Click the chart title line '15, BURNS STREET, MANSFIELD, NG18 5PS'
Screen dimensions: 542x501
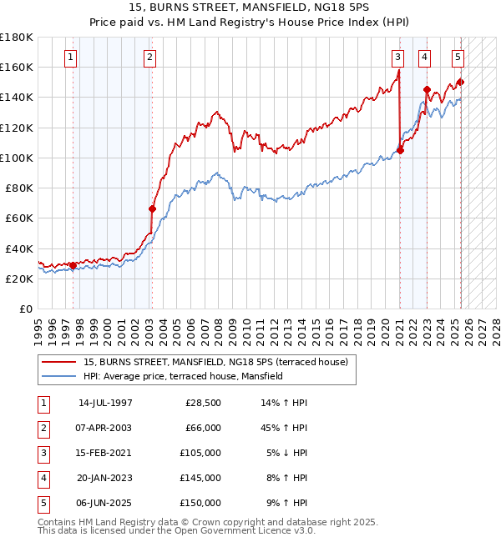coord(250,7)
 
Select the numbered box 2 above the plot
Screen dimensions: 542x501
coord(149,58)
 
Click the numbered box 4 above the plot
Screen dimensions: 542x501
coord(425,58)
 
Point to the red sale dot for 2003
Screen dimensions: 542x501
coord(152,209)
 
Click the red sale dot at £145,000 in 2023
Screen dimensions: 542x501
coord(427,89)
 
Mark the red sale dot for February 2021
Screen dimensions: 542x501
coord(401,150)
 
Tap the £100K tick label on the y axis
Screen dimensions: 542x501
coord(18,158)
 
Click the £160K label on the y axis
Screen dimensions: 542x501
coord(18,67)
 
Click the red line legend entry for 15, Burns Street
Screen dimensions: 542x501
coord(220,362)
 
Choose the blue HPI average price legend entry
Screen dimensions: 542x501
coord(183,376)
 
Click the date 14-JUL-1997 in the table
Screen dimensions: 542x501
coord(105,403)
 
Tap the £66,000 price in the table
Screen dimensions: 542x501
coord(203,428)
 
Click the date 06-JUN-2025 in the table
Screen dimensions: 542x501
coord(105,503)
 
